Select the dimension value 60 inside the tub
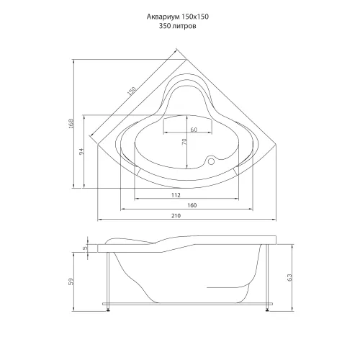(x=194, y=130)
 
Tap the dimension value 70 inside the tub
(x=184, y=144)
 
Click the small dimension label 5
(x=84, y=248)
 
